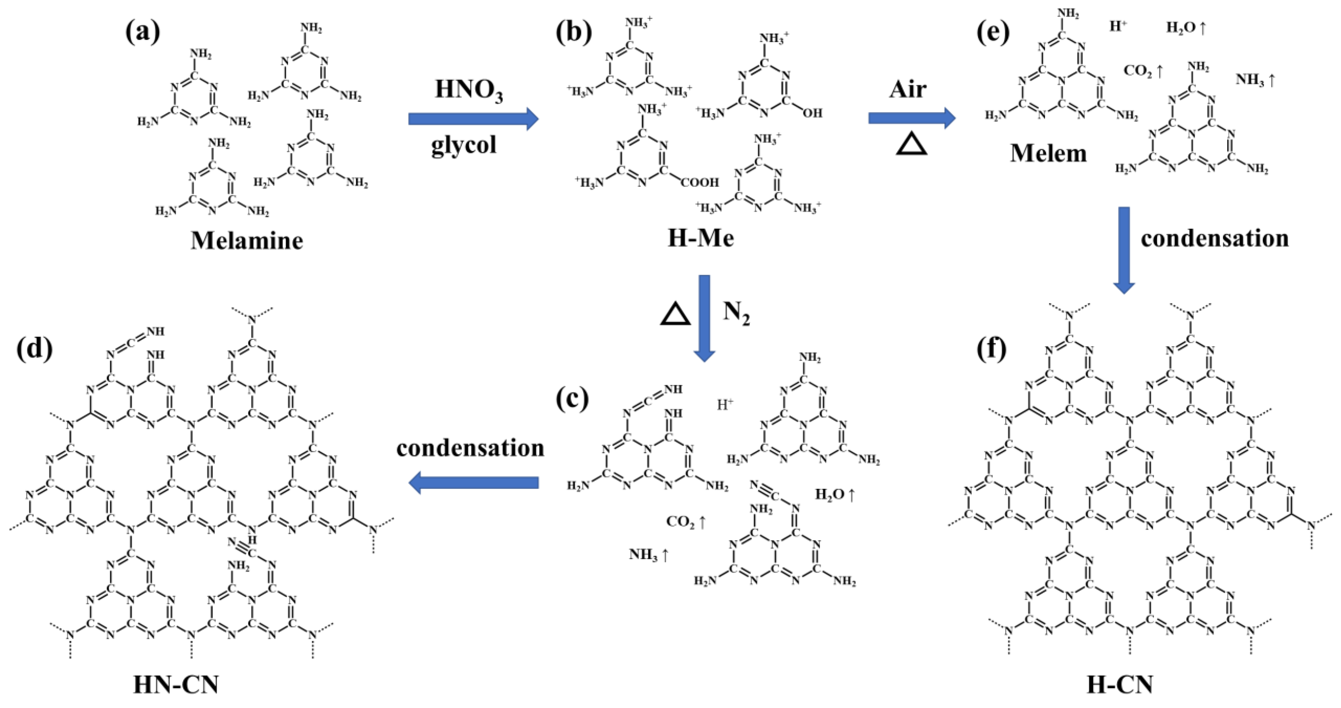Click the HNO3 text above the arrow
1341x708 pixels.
(469, 90)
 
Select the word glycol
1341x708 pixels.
(463, 144)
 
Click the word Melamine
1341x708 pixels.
(247, 241)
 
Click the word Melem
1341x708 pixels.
(1049, 153)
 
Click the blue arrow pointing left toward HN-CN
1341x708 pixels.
(473, 483)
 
